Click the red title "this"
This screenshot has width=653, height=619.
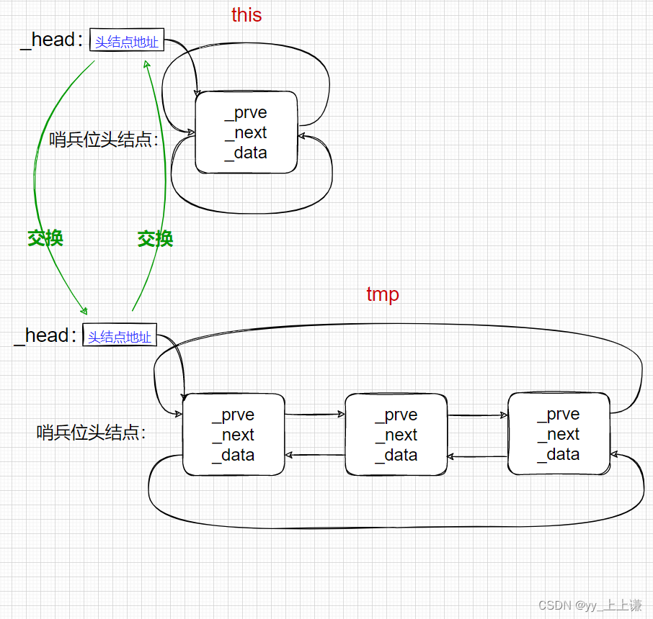pos(246,15)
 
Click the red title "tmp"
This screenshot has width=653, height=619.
pos(383,294)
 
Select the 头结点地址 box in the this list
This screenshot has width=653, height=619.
pos(127,41)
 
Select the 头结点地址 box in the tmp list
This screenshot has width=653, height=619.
pos(120,335)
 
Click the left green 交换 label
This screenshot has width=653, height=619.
pos(45,238)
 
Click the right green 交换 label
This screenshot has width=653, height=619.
pos(155,239)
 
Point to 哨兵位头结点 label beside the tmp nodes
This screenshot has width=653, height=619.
pos(92,433)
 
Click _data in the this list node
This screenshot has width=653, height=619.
pos(246,153)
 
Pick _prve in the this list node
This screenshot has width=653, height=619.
pos(246,113)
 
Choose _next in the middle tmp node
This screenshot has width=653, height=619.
pos(396,435)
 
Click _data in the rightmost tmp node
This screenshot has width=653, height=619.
pos(558,454)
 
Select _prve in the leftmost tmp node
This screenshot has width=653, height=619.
pos(233,415)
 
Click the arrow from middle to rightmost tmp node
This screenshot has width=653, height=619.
pos(477,415)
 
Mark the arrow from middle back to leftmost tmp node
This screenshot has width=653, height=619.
pos(315,455)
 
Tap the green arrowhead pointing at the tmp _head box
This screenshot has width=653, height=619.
pos(84,311)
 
